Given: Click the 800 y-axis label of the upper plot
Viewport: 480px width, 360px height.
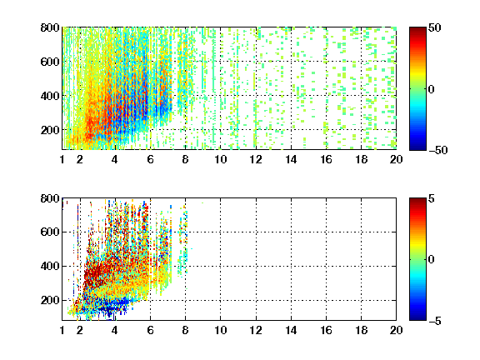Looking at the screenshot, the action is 50,27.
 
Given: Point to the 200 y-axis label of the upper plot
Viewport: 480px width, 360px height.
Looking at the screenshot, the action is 50,130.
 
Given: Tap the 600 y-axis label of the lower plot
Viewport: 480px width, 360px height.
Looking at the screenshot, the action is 50,232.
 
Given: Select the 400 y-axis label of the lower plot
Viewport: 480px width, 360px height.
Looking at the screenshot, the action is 50,266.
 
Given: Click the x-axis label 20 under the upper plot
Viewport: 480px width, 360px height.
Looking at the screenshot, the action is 396,159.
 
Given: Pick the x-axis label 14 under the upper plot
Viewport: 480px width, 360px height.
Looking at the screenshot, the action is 291,159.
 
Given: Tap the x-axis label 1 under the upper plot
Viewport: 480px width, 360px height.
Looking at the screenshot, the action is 62,159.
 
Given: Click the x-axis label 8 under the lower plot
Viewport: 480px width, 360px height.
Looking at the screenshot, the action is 185,330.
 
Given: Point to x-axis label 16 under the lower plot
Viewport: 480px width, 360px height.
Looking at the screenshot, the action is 326,330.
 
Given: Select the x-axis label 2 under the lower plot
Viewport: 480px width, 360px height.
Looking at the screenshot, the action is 80,330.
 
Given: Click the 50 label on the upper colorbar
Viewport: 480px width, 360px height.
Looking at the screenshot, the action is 435,27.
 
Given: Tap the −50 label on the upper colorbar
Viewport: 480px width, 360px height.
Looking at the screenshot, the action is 438,150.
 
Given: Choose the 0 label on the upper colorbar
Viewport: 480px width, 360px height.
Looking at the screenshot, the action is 432,89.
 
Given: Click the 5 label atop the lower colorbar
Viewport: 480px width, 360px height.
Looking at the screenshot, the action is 432,198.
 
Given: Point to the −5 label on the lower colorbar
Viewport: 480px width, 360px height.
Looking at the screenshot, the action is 435,321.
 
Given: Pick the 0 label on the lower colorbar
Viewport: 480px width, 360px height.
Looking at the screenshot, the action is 432,260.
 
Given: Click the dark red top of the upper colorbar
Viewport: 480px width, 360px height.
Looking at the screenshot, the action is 417,31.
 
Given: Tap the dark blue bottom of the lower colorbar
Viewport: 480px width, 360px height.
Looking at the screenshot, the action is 417,317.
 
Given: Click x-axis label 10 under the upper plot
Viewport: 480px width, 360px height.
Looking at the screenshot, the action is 220,159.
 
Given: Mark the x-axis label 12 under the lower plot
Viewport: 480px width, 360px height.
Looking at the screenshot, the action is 256,330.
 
